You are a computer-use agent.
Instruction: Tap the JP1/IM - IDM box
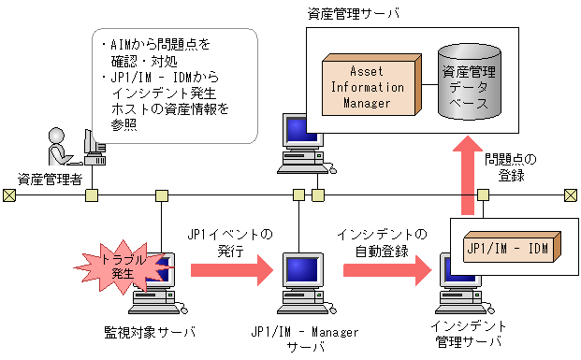coord(510,249)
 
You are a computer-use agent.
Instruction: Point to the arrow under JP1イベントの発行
coord(228,270)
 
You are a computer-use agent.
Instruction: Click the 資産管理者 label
coord(49,178)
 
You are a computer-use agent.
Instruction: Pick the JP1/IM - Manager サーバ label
coord(301,338)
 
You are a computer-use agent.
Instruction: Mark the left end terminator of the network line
coord(8,194)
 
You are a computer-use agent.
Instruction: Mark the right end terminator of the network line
coord(570,194)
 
